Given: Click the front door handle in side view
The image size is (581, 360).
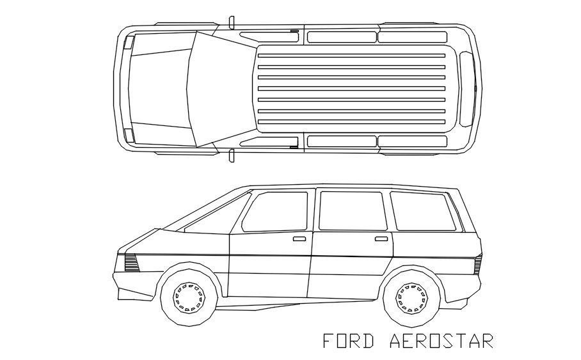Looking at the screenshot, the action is (299, 239).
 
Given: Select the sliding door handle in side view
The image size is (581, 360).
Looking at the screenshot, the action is (381, 239).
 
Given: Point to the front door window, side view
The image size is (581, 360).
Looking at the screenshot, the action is (277, 212).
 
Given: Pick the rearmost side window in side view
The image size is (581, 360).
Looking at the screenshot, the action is (422, 211).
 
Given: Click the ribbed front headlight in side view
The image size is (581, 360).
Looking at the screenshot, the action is (131, 262).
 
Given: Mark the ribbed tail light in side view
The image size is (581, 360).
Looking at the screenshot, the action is (477, 263).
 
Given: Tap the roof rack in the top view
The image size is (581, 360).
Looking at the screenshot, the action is (351, 89).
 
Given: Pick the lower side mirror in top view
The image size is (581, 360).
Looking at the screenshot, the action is (231, 155).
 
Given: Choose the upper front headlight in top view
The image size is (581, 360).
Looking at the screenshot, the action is (128, 43).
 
